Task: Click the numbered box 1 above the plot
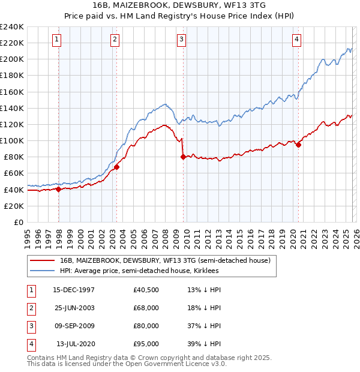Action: [56, 40]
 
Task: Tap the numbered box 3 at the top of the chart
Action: [181, 40]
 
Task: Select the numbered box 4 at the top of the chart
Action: [296, 40]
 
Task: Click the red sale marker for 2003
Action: [117, 167]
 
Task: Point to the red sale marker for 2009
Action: [183, 157]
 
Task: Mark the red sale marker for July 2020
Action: [298, 145]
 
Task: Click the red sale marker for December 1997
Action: [59, 189]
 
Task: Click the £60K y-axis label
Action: [14, 173]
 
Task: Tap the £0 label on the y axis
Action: [19, 222]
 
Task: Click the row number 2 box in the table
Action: [29, 308]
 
